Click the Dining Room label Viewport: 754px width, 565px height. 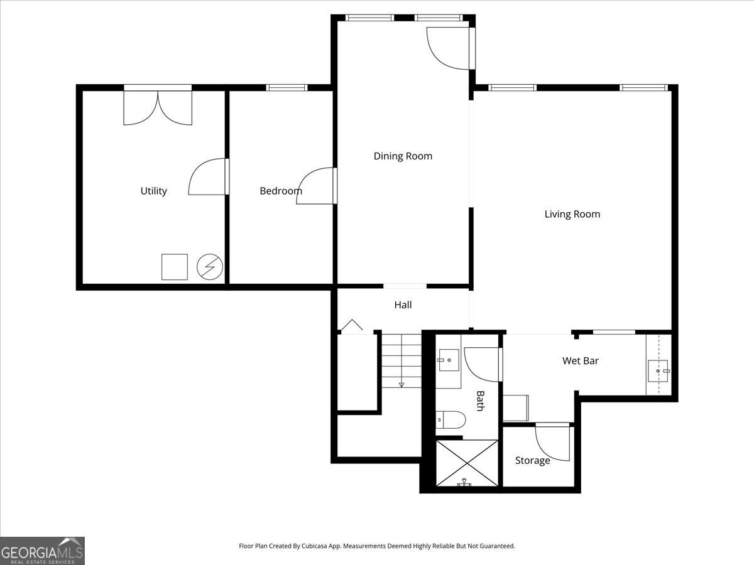[x=403, y=156]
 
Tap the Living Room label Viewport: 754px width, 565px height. [x=572, y=214]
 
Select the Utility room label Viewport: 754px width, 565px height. [x=153, y=191]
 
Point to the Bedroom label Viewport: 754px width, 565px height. [x=281, y=191]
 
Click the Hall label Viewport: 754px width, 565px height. [x=403, y=304]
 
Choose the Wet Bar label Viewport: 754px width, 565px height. [x=581, y=360]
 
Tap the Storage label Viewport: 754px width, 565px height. [x=532, y=460]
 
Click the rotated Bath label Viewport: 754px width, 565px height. [x=480, y=401]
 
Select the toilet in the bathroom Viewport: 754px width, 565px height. [x=451, y=420]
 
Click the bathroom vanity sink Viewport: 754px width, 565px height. [x=448, y=360]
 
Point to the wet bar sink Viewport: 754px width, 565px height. [x=658, y=371]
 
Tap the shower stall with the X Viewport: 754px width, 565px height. [x=467, y=463]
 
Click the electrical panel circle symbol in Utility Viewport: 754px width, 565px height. [x=209, y=267]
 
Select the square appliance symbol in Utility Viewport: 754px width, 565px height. [x=175, y=267]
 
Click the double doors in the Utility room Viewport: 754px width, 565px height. [x=158, y=106]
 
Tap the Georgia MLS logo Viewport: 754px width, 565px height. [x=42, y=551]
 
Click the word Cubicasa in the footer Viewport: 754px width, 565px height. [x=315, y=546]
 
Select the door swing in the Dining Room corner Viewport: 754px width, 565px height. [x=449, y=48]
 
